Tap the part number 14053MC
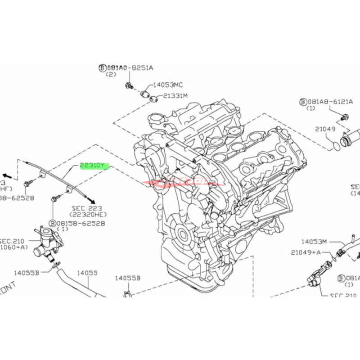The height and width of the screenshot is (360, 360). (x=168, y=84)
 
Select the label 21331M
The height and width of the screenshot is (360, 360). (x=175, y=95)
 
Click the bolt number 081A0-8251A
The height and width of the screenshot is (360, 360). (x=130, y=67)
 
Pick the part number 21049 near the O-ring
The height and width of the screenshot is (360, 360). (x=325, y=129)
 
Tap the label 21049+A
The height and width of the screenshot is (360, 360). (x=306, y=252)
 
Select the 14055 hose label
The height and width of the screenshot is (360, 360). (x=87, y=273)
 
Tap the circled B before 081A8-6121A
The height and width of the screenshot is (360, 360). (x=302, y=102)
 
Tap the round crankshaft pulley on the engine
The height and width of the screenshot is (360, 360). (x=182, y=234)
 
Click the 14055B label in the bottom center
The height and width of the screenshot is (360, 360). (x=128, y=278)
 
